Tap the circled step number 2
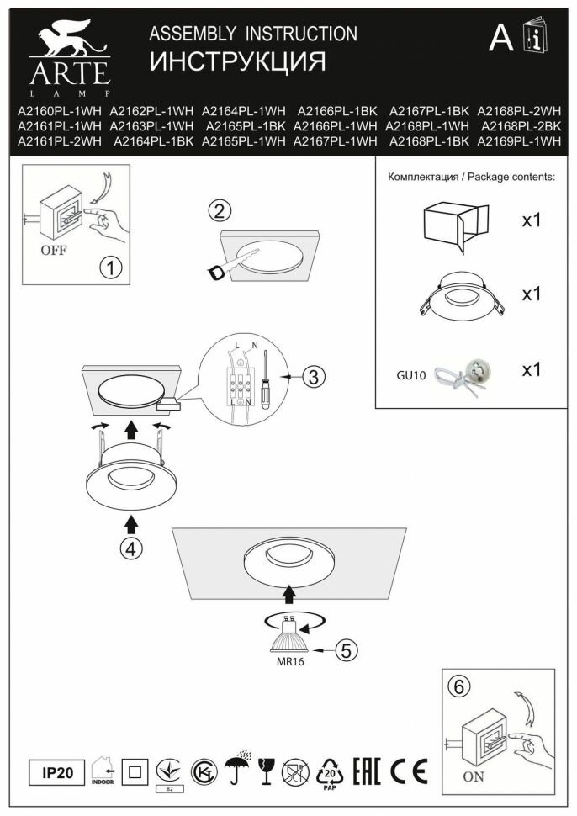click(220, 210)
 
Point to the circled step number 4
click(130, 548)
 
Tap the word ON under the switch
click(474, 776)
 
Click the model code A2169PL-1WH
click(519, 142)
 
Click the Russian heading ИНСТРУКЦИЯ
click(237, 62)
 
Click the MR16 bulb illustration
click(289, 639)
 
